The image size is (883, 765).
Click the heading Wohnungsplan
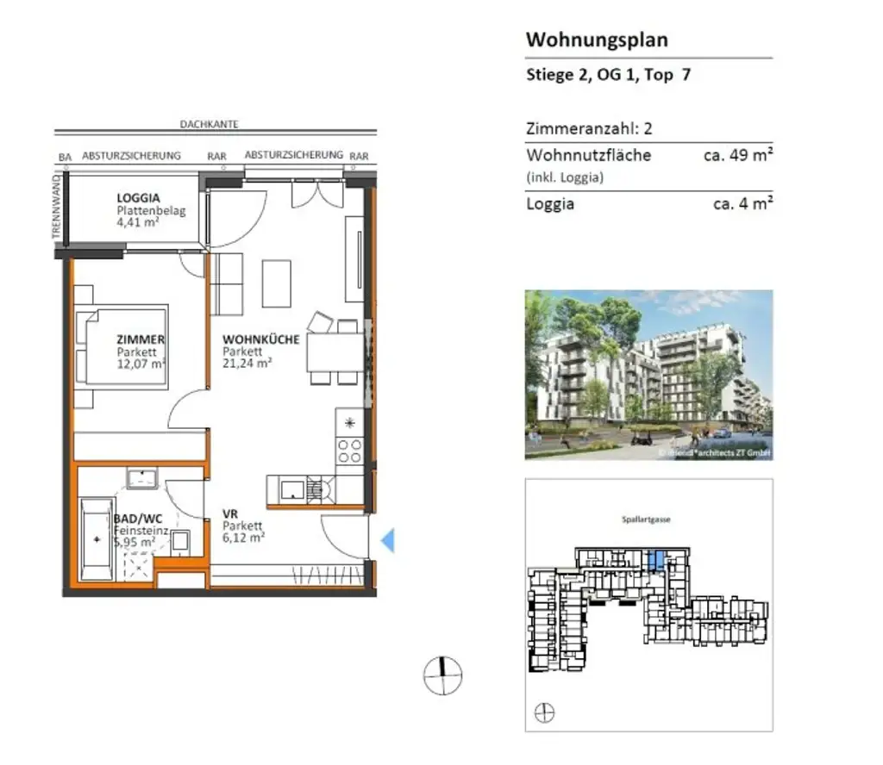[597, 40]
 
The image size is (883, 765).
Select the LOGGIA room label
[138, 197]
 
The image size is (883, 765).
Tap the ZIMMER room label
[141, 339]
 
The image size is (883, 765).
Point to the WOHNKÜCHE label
[260, 339]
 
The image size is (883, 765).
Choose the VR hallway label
[229, 514]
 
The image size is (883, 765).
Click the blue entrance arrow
[387, 541]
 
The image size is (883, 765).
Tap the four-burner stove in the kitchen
[350, 451]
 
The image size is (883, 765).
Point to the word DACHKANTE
[209, 124]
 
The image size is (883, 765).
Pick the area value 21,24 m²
[247, 364]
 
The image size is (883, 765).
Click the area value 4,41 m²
[137, 222]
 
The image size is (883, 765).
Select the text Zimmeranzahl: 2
[589, 129]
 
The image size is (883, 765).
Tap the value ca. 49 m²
[737, 156]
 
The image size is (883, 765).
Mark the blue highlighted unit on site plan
[656, 560]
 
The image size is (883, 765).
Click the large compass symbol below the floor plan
[442, 675]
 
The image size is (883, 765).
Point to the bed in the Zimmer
[121, 345]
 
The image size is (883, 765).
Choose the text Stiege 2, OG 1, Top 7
[608, 75]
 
